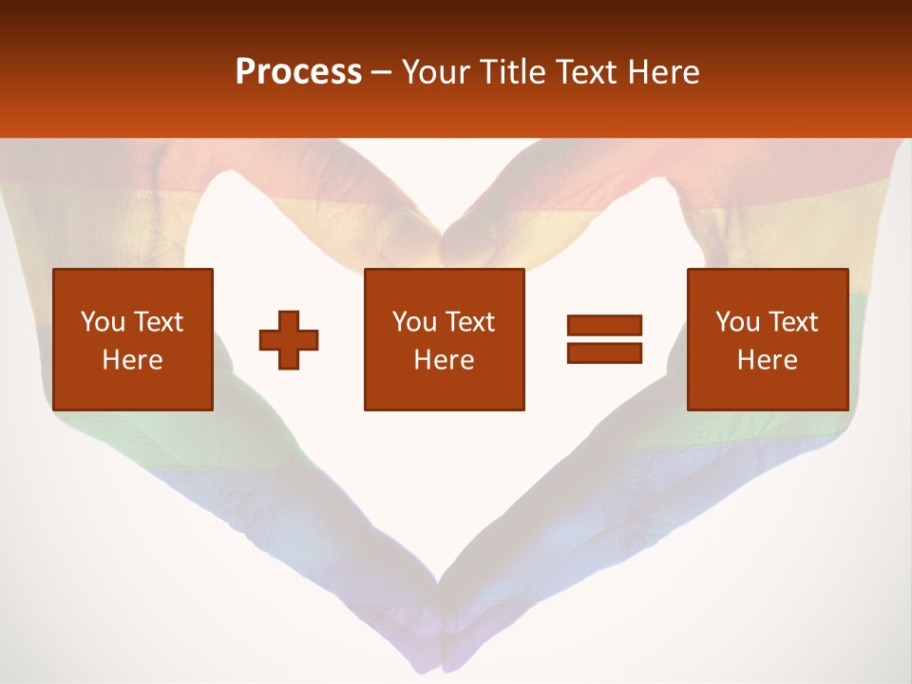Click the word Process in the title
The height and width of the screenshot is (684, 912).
click(x=298, y=72)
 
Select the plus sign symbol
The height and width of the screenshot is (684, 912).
click(x=289, y=339)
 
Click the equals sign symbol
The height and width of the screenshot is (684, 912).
click(x=604, y=339)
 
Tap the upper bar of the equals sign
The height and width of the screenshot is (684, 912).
click(x=604, y=326)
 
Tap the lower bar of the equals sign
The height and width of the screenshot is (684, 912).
click(x=604, y=352)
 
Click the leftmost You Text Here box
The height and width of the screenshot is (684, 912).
click(x=132, y=339)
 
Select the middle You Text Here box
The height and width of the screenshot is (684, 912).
click(x=444, y=339)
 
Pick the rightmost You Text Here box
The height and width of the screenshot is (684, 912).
click(x=767, y=339)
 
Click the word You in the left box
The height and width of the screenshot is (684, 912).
click(x=102, y=322)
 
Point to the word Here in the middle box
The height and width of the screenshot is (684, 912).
click(x=444, y=360)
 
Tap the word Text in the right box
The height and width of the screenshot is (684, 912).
click(x=793, y=322)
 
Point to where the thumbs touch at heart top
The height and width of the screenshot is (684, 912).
click(x=440, y=234)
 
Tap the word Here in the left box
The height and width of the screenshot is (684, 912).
click(x=132, y=360)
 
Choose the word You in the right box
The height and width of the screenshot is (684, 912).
click(x=737, y=322)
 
